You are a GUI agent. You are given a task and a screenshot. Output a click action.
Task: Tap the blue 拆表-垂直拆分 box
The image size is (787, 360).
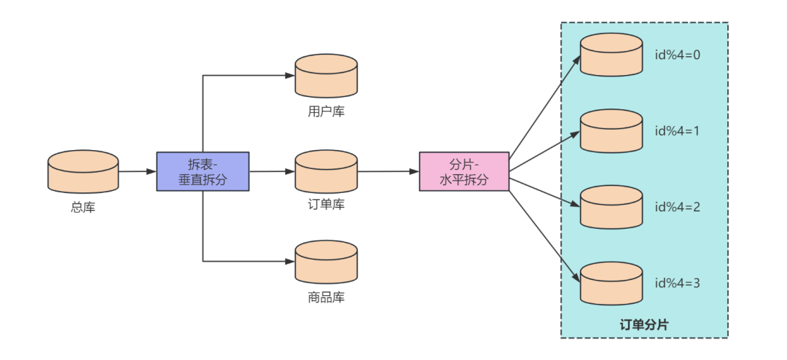point(203,171)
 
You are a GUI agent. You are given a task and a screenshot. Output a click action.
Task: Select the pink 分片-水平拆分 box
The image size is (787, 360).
point(464,171)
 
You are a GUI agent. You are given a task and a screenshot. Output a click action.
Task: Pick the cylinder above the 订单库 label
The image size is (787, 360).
point(326,171)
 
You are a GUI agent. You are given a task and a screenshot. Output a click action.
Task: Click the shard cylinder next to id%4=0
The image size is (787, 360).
point(611,55)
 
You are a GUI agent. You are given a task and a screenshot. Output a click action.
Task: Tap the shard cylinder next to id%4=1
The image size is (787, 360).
point(611,131)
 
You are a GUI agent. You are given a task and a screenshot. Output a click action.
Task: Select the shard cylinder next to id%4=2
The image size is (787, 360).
point(611,207)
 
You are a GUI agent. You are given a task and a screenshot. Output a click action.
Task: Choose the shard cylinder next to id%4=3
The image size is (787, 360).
point(611,283)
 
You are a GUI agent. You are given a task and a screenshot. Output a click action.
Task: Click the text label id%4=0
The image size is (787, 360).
point(677,55)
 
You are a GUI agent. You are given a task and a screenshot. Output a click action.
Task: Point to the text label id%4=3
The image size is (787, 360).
point(677,283)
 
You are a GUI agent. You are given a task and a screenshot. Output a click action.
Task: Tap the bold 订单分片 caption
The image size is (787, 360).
point(643,325)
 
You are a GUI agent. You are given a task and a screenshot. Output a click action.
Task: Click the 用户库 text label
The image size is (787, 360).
point(326,112)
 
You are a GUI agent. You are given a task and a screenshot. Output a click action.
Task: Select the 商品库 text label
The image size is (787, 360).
point(326,297)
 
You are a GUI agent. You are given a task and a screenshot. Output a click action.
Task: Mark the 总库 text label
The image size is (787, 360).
point(83,207)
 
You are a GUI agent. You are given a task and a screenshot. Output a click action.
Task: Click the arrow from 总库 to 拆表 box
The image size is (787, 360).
point(137,171)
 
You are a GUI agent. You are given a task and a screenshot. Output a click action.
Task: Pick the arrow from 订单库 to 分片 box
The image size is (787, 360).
point(388,171)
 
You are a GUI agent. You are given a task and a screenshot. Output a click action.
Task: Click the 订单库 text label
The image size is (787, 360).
point(326,205)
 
